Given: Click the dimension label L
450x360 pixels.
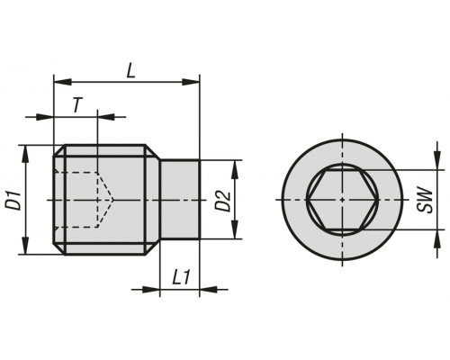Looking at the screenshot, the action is tap(130, 71).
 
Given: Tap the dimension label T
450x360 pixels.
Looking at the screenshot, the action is tap(77, 105).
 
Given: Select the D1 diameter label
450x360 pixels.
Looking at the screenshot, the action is tap(13, 200).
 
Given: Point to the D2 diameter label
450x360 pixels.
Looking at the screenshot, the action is tap(223, 201).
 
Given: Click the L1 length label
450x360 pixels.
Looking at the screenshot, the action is tap(182, 277).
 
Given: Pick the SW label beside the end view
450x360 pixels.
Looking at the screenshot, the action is tap(425, 200).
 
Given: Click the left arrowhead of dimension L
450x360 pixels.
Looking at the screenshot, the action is tap(62, 81).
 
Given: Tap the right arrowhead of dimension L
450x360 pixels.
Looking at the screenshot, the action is tap(191, 81).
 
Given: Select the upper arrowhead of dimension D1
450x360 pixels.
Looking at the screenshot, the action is tap(26, 154).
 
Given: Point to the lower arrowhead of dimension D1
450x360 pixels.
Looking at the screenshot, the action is tap(26, 246).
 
